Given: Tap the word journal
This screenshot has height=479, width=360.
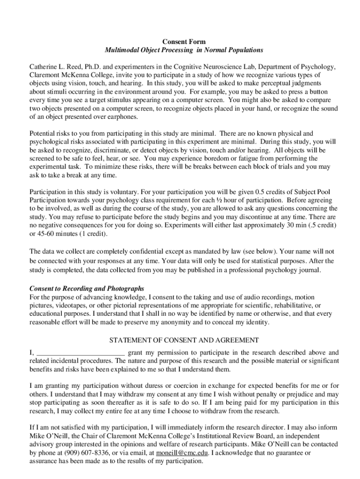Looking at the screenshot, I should click(308, 270).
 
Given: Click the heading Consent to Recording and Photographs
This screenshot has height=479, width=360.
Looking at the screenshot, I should click(87, 288).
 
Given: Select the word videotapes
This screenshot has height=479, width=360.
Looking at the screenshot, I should click(70, 305).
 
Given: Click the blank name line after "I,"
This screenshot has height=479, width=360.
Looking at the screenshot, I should click(80, 353).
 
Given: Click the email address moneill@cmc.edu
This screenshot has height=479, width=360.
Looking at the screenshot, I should click(183, 453).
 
